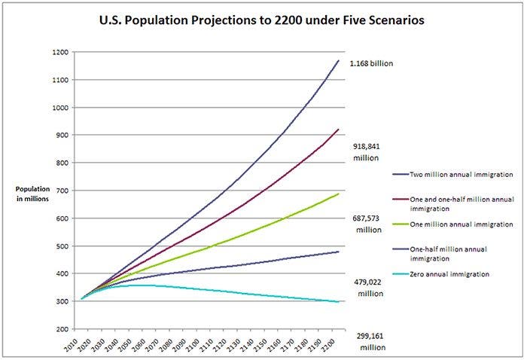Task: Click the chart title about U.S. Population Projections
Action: point(263,20)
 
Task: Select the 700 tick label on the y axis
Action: point(64,191)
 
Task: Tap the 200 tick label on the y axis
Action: point(64,329)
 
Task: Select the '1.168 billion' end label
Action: point(371,64)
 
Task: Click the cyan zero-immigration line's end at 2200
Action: point(339,302)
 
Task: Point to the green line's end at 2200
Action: point(339,194)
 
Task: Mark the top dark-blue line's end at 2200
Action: point(339,61)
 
